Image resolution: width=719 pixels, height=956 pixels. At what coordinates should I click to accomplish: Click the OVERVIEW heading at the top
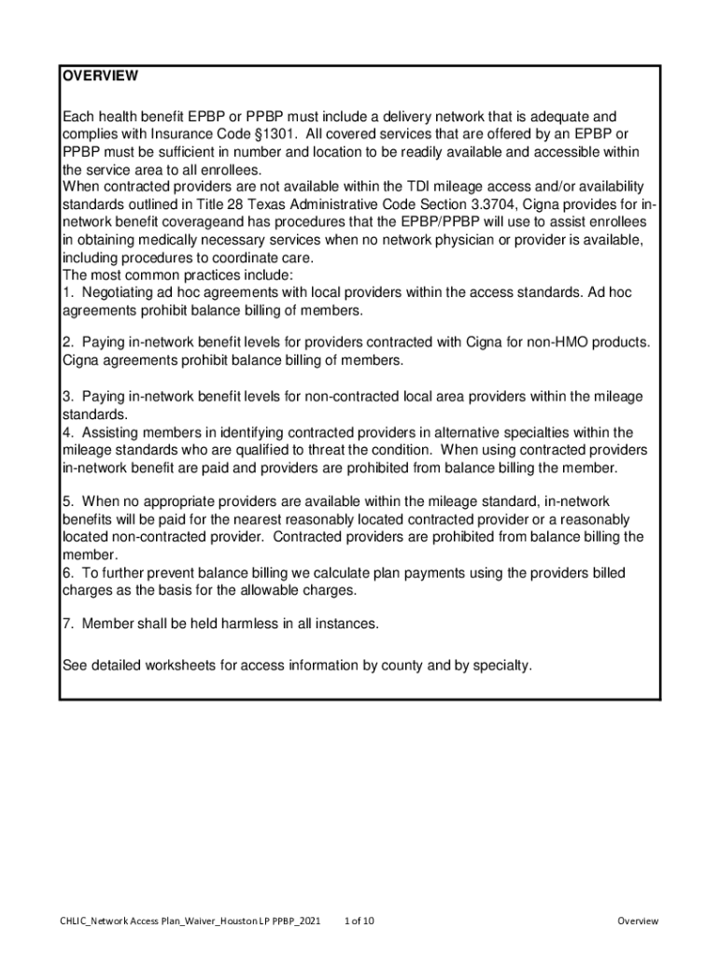click(100, 76)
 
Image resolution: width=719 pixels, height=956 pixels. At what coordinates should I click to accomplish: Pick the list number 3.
click(66, 397)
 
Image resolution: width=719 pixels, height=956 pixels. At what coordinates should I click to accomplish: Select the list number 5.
click(66, 502)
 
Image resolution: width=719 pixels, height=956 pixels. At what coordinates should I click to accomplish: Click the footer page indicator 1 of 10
click(359, 921)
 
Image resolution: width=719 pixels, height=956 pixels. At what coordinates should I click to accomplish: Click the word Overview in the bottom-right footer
click(638, 921)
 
